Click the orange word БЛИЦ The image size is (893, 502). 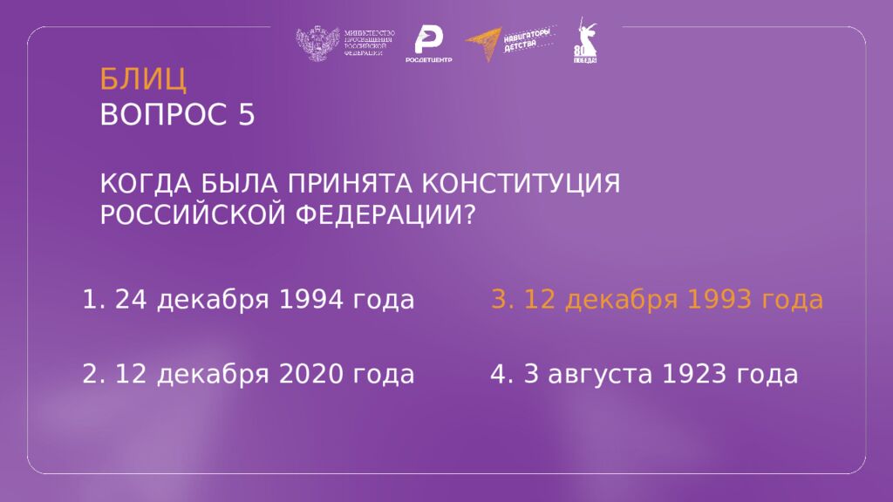pyautogui.click(x=143, y=79)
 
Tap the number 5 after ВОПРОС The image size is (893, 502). pyautogui.click(x=246, y=115)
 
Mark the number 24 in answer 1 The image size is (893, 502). pyautogui.click(x=129, y=301)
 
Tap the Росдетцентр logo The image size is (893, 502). pyautogui.click(x=427, y=44)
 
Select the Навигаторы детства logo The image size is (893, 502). pyautogui.click(x=509, y=44)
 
